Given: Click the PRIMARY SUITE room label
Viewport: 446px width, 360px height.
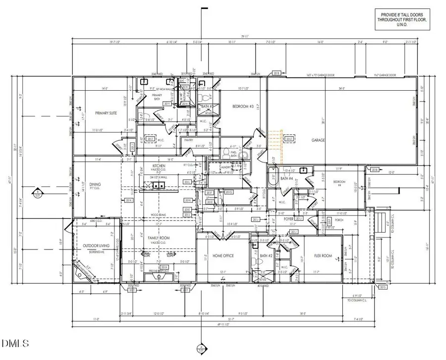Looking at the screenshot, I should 106,113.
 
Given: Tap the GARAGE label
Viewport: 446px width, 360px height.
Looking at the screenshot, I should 318,140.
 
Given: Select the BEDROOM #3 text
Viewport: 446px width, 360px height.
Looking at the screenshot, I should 243,107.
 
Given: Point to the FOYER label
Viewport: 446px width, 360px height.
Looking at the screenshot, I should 289,218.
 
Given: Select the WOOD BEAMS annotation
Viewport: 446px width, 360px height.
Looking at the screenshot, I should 158,215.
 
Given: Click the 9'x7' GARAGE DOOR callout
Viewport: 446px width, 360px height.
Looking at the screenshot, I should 386,75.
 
